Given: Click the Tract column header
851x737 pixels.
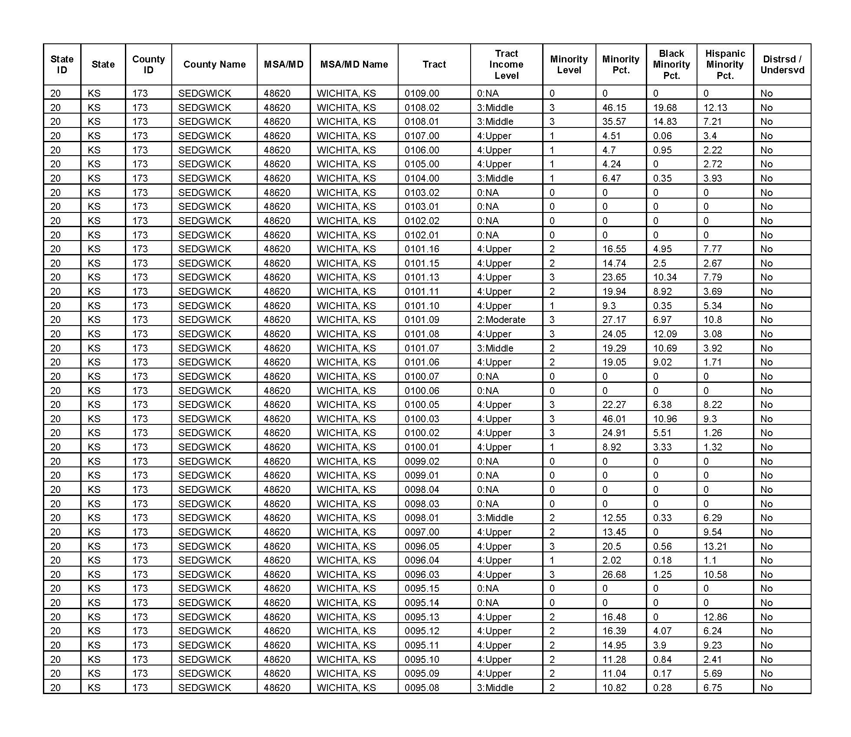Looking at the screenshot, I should [x=434, y=64].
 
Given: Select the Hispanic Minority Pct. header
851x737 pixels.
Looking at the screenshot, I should [x=725, y=64].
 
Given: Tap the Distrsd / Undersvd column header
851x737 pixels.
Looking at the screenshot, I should [x=782, y=64].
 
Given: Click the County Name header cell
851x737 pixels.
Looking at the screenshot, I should [x=214, y=64].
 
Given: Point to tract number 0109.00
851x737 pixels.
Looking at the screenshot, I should [x=422, y=93].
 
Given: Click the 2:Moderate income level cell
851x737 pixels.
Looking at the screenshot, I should [x=501, y=320].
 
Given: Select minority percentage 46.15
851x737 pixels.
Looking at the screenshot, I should [x=614, y=108].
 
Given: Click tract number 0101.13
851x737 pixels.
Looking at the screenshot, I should [x=422, y=277].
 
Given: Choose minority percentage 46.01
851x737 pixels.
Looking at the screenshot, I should [x=614, y=419].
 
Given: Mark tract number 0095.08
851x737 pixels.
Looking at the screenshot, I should [x=422, y=688].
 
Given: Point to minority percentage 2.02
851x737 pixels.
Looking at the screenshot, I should [x=612, y=560].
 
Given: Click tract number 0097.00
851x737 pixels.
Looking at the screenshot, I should [x=422, y=532].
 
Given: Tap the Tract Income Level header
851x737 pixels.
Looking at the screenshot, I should [x=506, y=64].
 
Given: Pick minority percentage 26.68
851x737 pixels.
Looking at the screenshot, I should [x=614, y=574].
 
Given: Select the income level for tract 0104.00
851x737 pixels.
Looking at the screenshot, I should [x=495, y=178].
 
